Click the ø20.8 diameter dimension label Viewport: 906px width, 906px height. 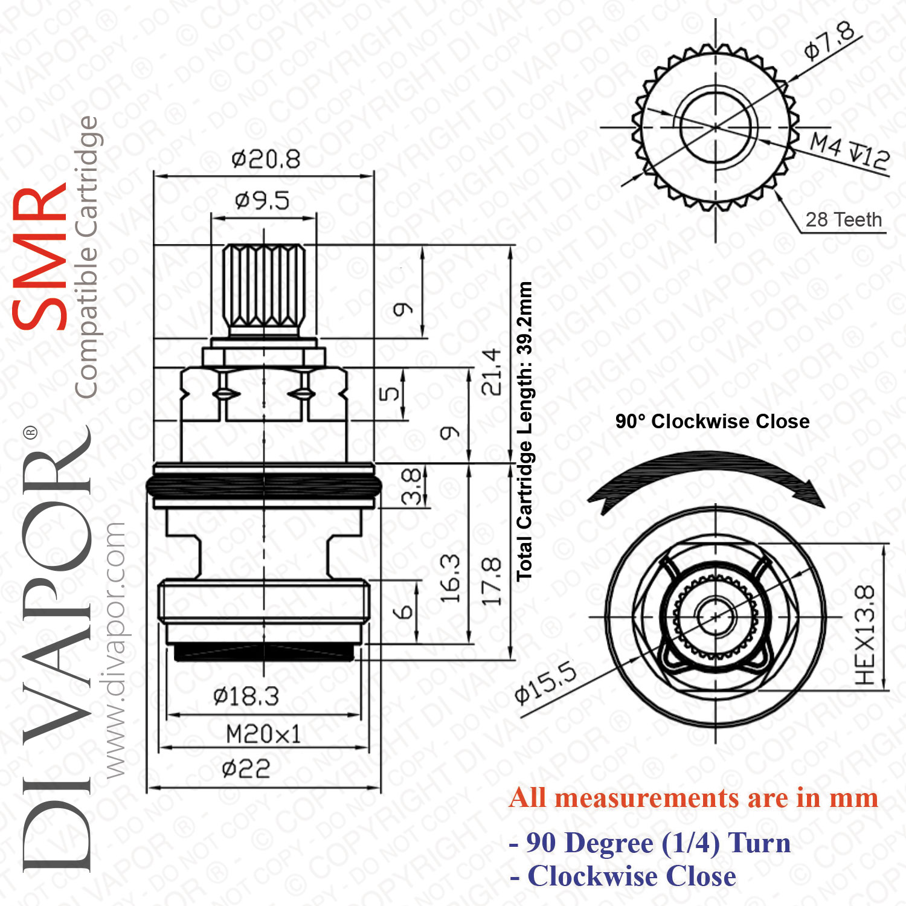[266, 159]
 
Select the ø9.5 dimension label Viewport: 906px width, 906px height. [262, 200]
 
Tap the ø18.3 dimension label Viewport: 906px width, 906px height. [246, 696]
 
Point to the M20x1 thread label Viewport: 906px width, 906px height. [263, 734]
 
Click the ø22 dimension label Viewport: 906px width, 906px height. [246, 769]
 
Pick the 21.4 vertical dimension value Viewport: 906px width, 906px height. [492, 371]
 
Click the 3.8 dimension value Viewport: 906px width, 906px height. [411, 486]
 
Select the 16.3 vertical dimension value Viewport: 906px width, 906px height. [450, 578]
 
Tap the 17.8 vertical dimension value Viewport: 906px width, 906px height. [492, 581]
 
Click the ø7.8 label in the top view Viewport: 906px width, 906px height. [830, 40]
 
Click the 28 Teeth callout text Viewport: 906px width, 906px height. [844, 219]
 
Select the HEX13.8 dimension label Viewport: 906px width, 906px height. [865, 635]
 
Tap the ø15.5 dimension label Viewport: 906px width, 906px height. [546, 683]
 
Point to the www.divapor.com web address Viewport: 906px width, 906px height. [115, 649]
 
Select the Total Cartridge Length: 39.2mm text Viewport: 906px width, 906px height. [524, 431]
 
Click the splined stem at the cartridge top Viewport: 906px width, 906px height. [264, 289]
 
